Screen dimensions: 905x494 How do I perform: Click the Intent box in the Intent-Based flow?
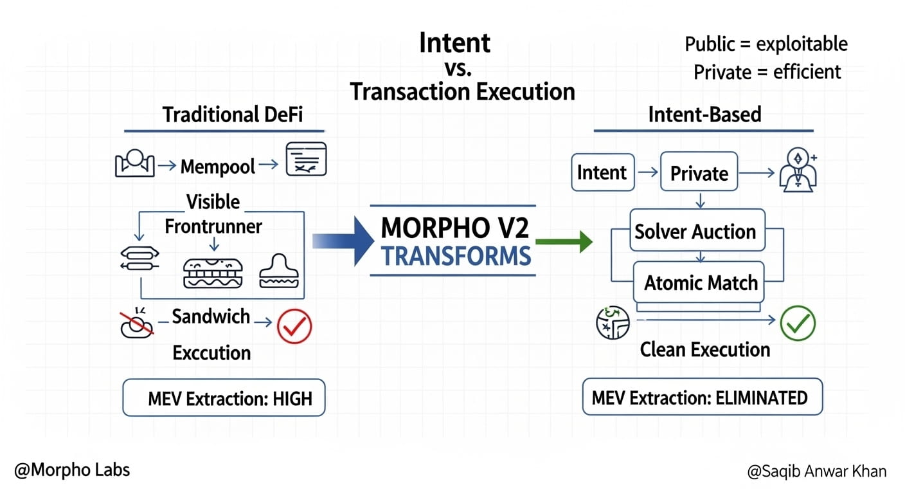point(603,172)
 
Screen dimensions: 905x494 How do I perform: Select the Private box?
point(699,171)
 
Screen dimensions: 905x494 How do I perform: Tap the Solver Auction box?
point(697,230)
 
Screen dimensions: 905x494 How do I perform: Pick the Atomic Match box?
point(699,282)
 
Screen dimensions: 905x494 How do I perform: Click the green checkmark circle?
point(798,323)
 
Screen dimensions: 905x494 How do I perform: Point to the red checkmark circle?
point(294,326)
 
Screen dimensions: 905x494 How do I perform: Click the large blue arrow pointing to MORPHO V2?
point(343,241)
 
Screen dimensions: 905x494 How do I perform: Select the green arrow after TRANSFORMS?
point(564,242)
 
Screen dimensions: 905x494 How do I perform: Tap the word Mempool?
point(217,167)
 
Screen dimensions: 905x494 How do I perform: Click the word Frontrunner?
point(213,226)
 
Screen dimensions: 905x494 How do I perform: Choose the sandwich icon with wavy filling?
point(213,273)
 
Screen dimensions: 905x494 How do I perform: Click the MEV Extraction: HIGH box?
point(224,398)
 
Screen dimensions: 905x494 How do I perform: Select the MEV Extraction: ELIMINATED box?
point(702,397)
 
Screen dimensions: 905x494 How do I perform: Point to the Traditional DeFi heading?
point(232,114)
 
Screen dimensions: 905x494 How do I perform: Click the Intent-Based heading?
point(704,114)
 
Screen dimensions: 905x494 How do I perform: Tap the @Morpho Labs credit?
point(73,470)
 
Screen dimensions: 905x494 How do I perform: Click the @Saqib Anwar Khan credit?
point(817,471)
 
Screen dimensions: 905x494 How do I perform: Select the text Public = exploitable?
point(766,44)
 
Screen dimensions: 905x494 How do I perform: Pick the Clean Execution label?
point(705,350)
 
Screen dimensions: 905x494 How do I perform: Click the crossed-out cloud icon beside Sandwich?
point(136,324)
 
